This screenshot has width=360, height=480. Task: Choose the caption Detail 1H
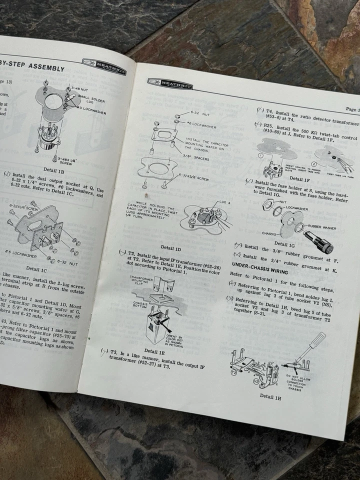tap(273, 396)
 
